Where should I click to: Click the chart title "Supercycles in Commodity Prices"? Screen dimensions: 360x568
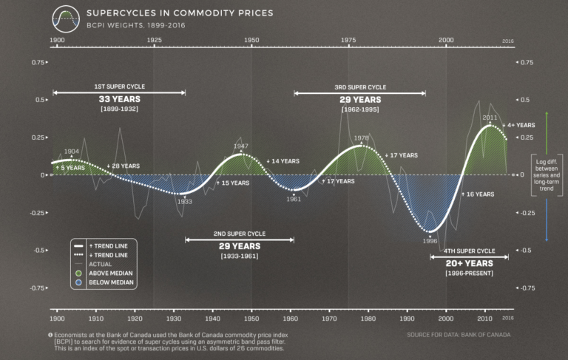(x=180, y=13)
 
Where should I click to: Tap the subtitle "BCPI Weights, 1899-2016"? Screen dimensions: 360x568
(x=135, y=26)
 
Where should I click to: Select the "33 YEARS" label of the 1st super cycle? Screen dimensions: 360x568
(x=120, y=99)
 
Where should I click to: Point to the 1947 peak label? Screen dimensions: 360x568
(x=240, y=146)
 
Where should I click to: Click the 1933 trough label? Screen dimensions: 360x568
(x=184, y=201)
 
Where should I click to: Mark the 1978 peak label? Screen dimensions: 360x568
(x=361, y=138)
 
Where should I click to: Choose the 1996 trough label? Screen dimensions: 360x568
(x=430, y=240)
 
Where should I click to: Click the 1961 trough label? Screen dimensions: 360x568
(x=294, y=199)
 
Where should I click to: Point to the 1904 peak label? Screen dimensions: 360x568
(x=72, y=152)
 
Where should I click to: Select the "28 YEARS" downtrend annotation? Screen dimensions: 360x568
(x=126, y=166)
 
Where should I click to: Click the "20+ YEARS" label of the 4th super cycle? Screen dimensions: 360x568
(x=469, y=263)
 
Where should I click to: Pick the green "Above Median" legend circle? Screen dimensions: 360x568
(x=78, y=272)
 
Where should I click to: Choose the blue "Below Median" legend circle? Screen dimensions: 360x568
(x=78, y=282)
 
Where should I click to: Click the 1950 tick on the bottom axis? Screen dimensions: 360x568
(x=251, y=318)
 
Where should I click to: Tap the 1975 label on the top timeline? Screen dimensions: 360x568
(x=348, y=39)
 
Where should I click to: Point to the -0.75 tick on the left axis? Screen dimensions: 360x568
(x=35, y=288)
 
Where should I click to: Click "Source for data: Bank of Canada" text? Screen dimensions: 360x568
(x=458, y=335)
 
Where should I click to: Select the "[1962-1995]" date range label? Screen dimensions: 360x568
(x=360, y=109)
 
